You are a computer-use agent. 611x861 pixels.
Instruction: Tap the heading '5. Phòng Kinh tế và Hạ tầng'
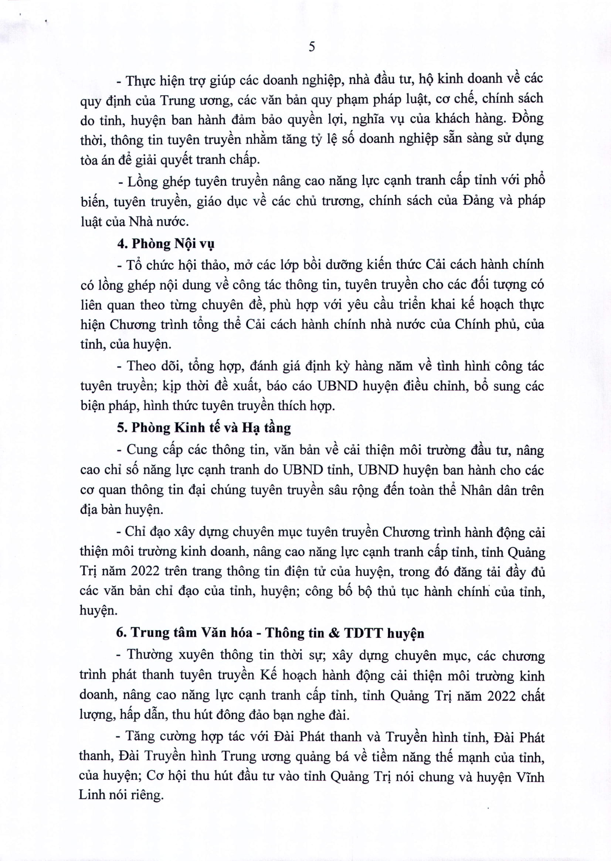click(x=204, y=428)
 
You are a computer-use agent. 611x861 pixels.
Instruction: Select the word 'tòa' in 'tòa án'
click(x=89, y=160)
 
